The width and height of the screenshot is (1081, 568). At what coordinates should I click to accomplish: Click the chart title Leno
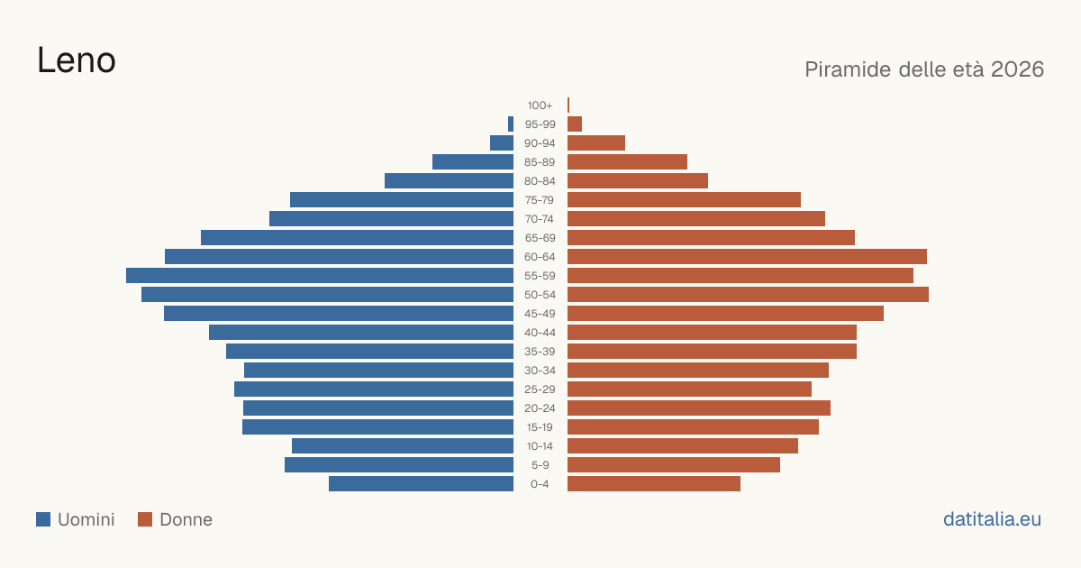point(77,61)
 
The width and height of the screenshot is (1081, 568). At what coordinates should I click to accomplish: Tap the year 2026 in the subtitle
point(1017,69)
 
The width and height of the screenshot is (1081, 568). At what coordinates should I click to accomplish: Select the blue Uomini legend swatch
point(43,519)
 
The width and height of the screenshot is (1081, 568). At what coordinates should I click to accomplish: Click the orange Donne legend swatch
point(145,519)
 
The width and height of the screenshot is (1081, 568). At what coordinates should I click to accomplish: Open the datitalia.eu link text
point(992,519)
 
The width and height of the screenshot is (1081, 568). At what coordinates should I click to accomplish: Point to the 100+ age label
point(540,105)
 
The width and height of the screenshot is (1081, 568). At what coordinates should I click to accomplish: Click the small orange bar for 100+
point(568,105)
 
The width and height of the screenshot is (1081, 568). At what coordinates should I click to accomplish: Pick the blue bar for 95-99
point(511,124)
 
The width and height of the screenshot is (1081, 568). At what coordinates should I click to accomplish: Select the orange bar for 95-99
point(575,124)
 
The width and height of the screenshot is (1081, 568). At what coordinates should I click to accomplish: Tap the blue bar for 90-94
point(502,143)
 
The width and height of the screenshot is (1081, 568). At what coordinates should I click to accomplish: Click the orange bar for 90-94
point(596,143)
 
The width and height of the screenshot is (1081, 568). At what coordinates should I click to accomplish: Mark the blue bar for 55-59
point(320,275)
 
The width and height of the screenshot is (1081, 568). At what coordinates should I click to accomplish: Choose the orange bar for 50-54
point(748,295)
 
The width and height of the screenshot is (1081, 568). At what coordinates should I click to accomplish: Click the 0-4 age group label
point(540,484)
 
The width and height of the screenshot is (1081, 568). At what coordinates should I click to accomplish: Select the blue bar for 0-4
point(422,484)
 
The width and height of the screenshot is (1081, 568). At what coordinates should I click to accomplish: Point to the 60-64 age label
point(540,257)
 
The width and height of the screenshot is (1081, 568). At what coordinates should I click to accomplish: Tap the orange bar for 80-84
point(638,181)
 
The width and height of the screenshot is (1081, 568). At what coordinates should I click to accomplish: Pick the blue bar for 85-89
point(473,161)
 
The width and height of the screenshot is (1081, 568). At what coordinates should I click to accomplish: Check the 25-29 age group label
point(540,389)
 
